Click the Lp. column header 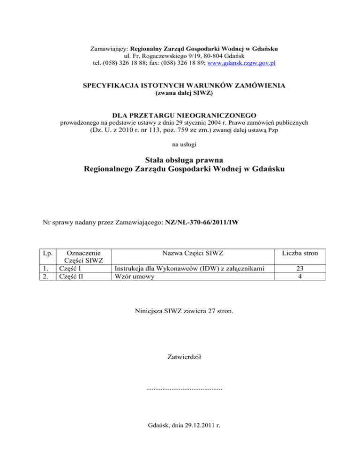[46, 253]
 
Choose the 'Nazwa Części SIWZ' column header [192, 253]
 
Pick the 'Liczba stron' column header [300, 253]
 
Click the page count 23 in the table [300, 268]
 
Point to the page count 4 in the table [300, 276]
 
